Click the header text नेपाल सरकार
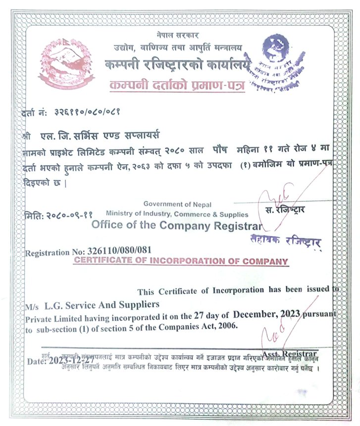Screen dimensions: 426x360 176,36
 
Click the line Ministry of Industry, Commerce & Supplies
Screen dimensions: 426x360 177,214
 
